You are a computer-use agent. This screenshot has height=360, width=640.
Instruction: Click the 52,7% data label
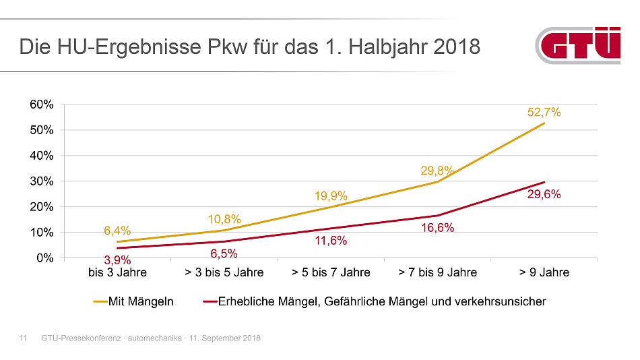tap(544, 113)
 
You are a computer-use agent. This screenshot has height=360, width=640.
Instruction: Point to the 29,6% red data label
tap(544, 194)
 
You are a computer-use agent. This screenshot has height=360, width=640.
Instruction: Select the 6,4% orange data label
tap(117, 231)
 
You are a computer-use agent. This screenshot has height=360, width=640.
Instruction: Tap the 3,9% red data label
tap(117, 260)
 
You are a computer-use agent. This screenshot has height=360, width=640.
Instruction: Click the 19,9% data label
tap(331, 196)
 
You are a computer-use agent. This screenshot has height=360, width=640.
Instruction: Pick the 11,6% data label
tap(331, 241)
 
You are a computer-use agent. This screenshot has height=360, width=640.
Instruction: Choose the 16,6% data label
tap(438, 228)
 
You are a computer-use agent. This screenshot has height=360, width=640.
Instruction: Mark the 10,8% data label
tap(224, 219)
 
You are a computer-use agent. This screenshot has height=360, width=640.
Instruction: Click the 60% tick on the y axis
tap(41, 104)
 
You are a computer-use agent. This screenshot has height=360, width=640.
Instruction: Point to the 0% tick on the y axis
tap(44, 258)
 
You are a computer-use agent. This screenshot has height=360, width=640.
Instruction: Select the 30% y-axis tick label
tap(41, 181)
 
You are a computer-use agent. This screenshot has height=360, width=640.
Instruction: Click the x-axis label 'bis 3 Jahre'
tap(117, 272)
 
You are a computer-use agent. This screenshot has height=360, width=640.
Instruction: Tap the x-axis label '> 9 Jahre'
tap(544, 272)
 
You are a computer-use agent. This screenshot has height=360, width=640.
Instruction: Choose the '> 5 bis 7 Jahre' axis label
tap(331, 272)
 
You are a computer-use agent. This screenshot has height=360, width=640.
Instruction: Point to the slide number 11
tap(22, 338)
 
